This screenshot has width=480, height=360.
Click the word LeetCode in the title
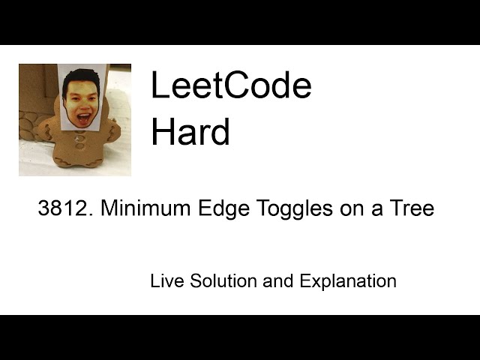[231, 85]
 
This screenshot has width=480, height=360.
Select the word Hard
[190, 132]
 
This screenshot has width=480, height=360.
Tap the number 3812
[64, 208]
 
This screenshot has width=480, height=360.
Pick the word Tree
[412, 208]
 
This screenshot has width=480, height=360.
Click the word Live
[166, 281]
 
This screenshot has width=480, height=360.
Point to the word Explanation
[348, 281]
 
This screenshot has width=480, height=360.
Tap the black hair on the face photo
[81, 76]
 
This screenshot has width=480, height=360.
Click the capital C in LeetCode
[239, 85]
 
